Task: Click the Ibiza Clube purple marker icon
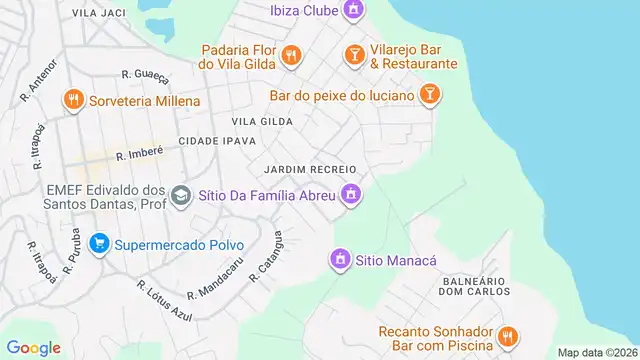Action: pos(352,10)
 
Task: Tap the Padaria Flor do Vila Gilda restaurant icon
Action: pos(291,55)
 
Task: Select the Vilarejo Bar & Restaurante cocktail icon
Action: pos(353,55)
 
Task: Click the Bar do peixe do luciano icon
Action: pos(429,94)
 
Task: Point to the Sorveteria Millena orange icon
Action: pos(73,100)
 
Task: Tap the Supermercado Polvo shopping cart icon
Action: pos(98,243)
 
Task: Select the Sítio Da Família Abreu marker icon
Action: pos(350,194)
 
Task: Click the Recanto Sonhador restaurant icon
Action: pos(507,335)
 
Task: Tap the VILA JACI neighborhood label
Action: pos(99,13)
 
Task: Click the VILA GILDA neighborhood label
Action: pos(262,121)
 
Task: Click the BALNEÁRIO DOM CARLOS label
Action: pos(477,286)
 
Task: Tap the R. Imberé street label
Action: pos(139,155)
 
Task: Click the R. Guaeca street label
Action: pos(143,73)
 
